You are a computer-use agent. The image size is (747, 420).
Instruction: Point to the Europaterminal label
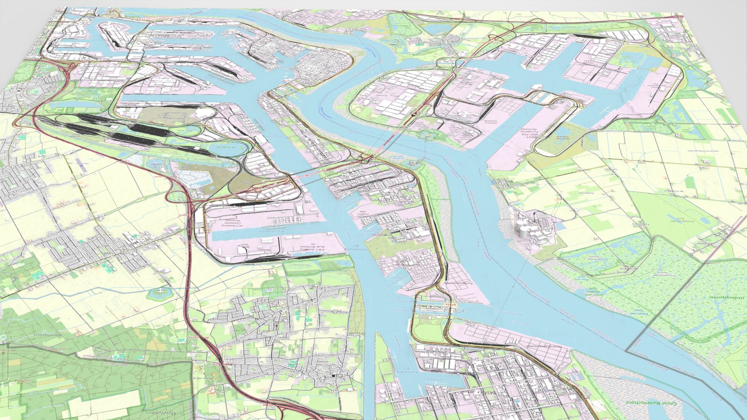pyautogui.click(x=460, y=283)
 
